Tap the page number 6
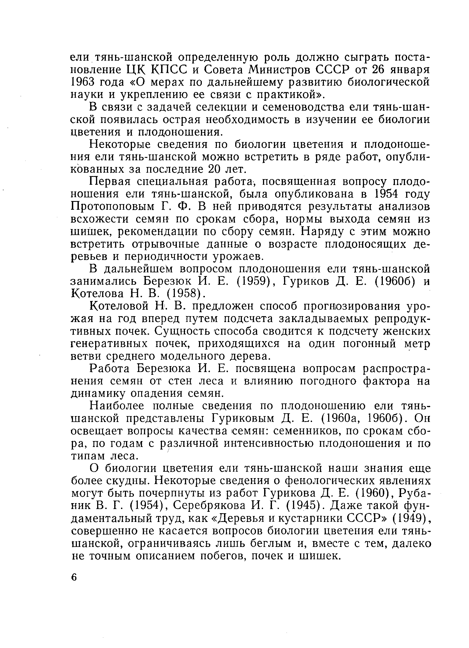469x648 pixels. [74, 569]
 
